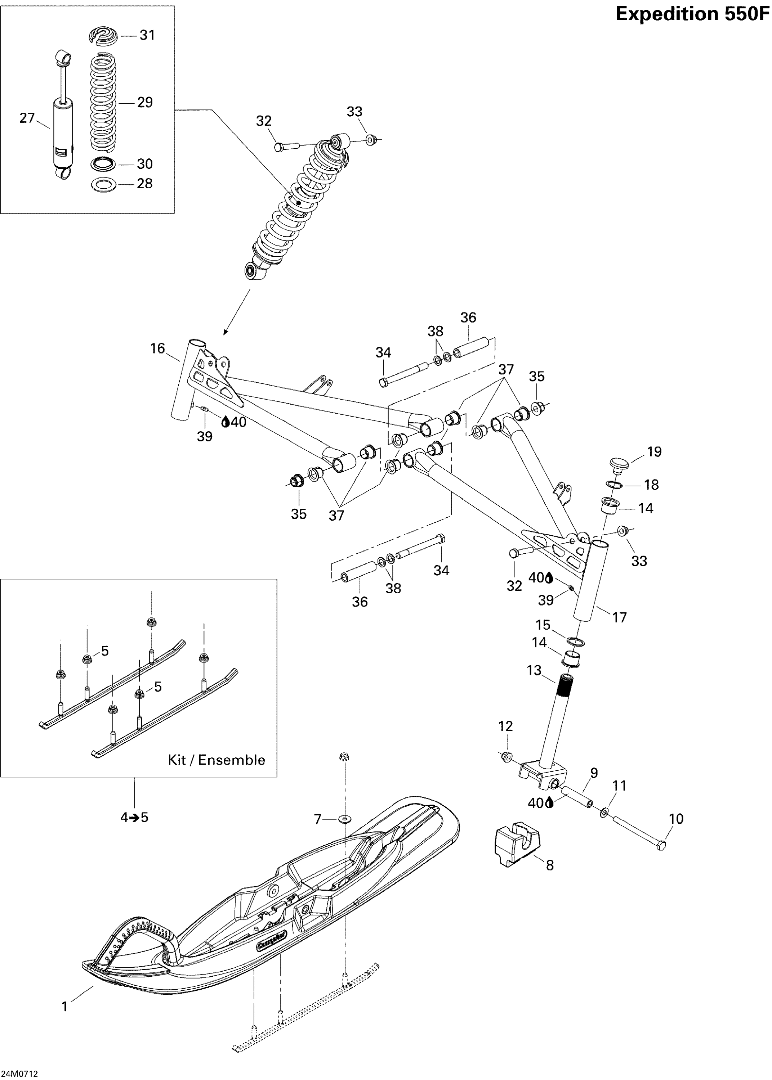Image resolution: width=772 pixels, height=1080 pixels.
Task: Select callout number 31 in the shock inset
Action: [x=147, y=35]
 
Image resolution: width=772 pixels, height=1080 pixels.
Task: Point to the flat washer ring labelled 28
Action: [x=103, y=184]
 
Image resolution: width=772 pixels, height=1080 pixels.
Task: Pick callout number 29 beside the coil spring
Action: [x=145, y=103]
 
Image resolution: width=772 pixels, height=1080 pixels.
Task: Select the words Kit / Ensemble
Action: [x=216, y=760]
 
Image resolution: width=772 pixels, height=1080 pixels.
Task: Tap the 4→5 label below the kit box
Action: [x=134, y=817]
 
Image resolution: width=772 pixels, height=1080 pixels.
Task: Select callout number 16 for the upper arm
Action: [x=157, y=348]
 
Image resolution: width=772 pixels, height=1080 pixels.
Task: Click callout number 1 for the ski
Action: [x=64, y=1007]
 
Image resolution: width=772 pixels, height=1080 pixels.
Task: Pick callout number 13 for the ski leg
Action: [x=534, y=670]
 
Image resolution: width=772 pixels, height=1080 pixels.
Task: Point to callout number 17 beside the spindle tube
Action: [x=619, y=617]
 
